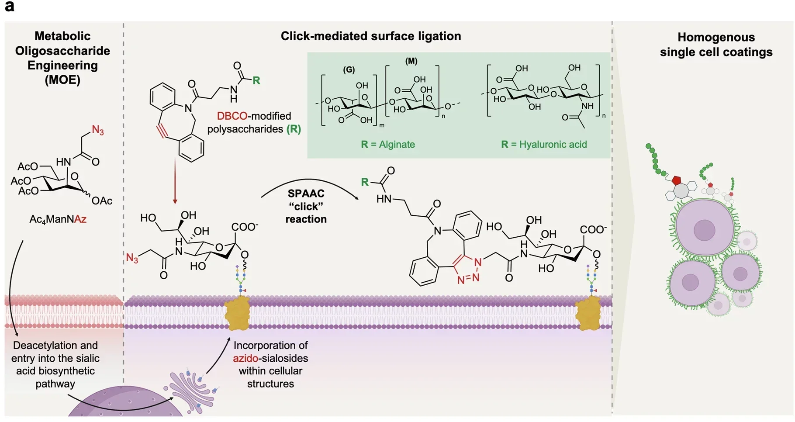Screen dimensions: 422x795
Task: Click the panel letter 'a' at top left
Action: coord(9,7)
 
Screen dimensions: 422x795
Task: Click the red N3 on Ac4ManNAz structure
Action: coord(98,130)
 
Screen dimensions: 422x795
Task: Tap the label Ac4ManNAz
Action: coord(58,219)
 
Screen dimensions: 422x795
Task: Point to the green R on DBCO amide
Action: coord(256,80)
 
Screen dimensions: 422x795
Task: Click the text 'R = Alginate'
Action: coord(388,145)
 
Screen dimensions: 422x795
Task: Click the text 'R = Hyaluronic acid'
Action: coord(544,145)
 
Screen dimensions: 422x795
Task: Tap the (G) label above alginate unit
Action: coord(349,69)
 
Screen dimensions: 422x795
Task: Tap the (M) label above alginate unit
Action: coord(411,61)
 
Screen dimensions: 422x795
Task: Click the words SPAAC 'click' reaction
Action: coord(306,206)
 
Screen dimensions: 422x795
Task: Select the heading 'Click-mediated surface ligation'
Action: coord(370,36)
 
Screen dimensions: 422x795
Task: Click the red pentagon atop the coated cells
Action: coord(677,180)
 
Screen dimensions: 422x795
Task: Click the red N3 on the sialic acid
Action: coord(132,258)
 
